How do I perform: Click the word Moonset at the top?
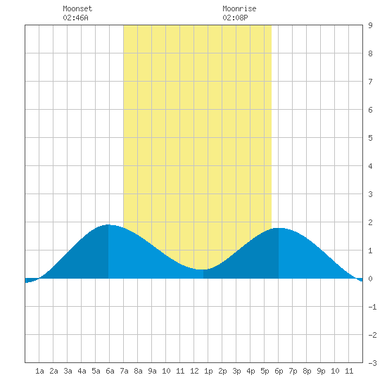coord(77,8)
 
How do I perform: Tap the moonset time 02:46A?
coord(75,18)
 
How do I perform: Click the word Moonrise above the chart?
coord(239,8)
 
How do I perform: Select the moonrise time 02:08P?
coord(235,18)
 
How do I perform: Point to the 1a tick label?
coord(39,371)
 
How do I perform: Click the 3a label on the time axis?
coord(68,371)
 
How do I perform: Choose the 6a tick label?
coord(110,371)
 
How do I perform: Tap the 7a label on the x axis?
coord(124,371)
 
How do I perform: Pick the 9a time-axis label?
coord(152,371)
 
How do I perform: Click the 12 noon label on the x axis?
coord(194,371)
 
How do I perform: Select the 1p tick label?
coord(208,371)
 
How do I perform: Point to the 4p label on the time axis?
coord(250,371)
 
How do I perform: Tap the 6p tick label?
coord(279,371)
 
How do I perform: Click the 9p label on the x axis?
coord(321,371)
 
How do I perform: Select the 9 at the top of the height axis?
coord(370,25)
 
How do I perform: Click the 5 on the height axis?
coord(370,138)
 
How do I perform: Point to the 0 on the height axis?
coord(370,279)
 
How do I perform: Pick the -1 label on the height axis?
coord(372,307)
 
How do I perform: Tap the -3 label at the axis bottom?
coord(372,363)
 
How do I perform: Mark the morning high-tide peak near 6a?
coord(108,225)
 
